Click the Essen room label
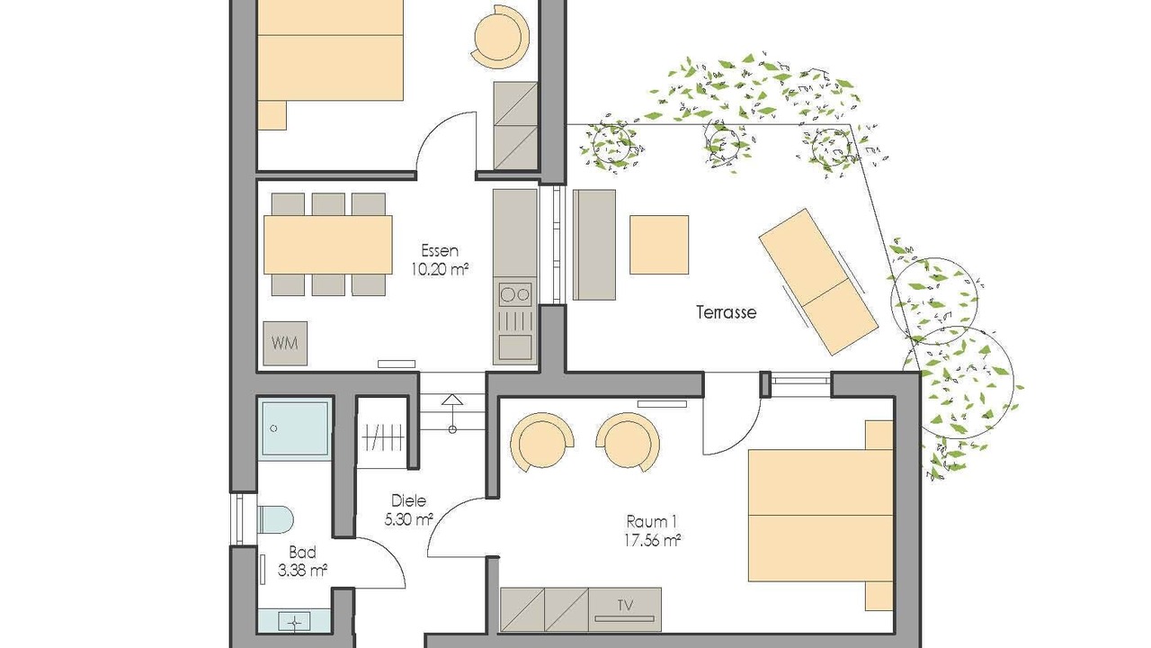click(x=440, y=251)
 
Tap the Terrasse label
click(x=726, y=312)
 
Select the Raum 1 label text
click(x=652, y=521)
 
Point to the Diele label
click(x=408, y=500)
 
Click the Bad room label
click(x=302, y=553)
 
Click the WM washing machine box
click(x=285, y=344)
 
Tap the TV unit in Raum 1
click(x=625, y=609)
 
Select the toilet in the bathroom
click(x=275, y=519)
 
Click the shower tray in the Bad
click(x=294, y=428)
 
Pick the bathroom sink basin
click(x=294, y=622)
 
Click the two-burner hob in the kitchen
click(x=515, y=294)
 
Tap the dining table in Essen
click(x=328, y=245)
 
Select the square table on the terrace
click(x=659, y=245)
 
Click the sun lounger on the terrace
click(x=818, y=282)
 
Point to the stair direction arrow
click(x=452, y=413)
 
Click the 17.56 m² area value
click(x=653, y=541)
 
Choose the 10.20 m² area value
click(x=440, y=269)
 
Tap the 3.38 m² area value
click(x=303, y=571)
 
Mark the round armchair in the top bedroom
click(x=500, y=37)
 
